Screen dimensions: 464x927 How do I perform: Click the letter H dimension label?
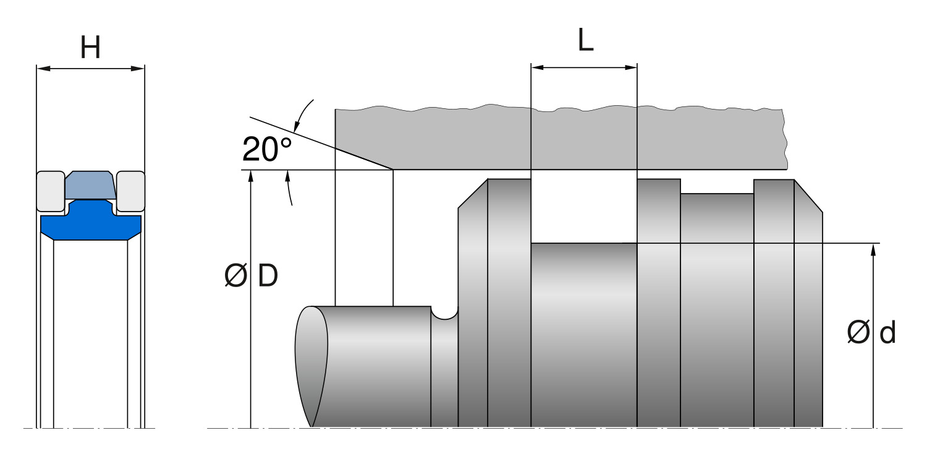[90, 48]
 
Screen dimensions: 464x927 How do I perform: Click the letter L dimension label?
[585, 41]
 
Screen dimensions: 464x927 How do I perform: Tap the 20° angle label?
[266, 149]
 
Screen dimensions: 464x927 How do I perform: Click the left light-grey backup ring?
[50, 190]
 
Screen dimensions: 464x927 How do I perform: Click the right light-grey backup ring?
[130, 190]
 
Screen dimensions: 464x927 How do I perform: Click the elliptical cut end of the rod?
[311, 365]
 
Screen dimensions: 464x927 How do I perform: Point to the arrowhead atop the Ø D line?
[251, 176]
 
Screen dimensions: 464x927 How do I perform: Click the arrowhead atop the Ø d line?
[873, 249]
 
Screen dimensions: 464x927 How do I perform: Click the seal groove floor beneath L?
[583, 244]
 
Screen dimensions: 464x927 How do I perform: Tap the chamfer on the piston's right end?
[808, 195]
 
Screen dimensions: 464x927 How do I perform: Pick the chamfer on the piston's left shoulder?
[472, 193]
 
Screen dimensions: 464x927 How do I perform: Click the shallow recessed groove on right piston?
[717, 194]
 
